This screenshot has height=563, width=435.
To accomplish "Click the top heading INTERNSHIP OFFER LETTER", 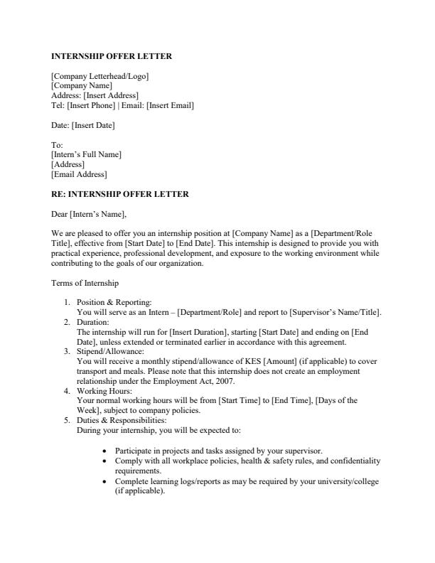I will tap(112, 56).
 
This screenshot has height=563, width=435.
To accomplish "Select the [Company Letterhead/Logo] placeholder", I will tap(100, 76).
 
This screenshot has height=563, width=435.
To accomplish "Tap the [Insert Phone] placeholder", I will tap(90, 106).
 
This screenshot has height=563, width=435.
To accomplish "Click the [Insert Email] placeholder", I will tap(170, 106).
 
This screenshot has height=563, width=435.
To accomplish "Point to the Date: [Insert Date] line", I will tap(82, 126).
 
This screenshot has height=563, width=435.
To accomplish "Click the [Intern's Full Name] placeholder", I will tap(86, 154).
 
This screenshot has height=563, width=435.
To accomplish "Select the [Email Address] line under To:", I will tap(79, 174).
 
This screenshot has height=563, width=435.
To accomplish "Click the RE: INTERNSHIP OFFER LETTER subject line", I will tap(120, 194).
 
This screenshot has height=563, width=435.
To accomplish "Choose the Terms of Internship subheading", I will tap(85, 284).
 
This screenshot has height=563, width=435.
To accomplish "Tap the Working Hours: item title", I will tap(104, 390).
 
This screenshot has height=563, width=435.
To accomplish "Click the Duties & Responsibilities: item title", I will tap(121, 420).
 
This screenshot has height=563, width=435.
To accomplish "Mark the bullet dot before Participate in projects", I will tap(105, 451).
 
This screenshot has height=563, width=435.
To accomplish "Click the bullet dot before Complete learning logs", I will tap(105, 481).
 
